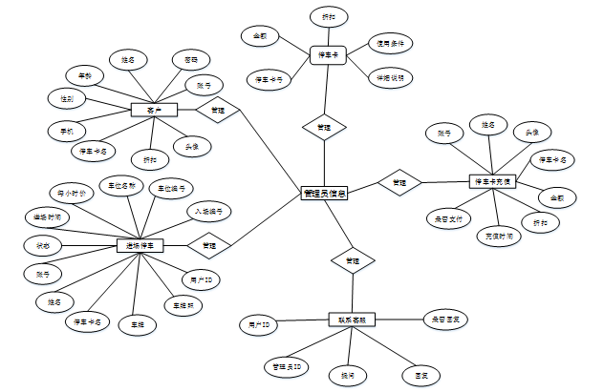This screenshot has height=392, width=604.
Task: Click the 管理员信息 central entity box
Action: (324, 194)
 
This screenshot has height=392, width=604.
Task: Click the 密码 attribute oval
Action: (191, 59)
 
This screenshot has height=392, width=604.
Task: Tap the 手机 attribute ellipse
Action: (66, 129)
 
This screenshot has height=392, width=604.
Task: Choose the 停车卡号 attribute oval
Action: (268, 78)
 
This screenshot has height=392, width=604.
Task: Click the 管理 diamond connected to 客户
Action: (218, 111)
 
